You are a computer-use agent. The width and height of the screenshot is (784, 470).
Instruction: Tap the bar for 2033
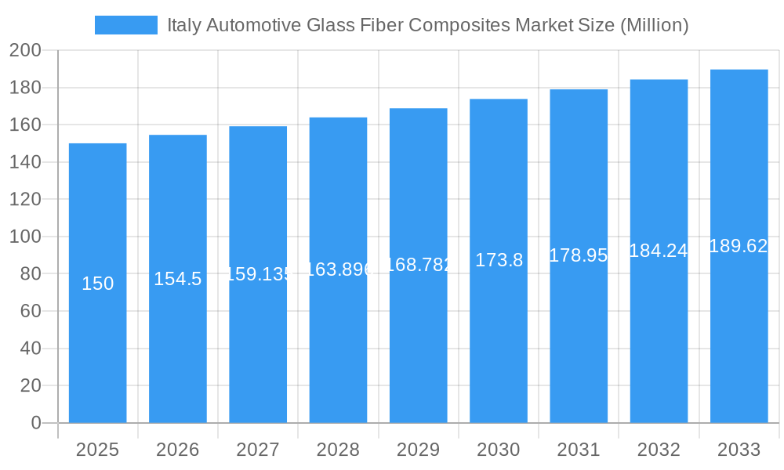click(739, 329)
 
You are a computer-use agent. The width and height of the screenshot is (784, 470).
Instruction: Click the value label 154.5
click(177, 279)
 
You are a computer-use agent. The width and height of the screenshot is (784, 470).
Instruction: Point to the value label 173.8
click(499, 261)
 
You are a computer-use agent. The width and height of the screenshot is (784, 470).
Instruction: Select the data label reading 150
click(97, 284)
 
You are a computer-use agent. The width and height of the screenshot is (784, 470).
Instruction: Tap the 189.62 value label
click(738, 246)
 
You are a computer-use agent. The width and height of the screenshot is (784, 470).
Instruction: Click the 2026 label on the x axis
click(177, 450)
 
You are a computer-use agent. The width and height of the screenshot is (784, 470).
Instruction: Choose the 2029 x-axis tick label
click(418, 450)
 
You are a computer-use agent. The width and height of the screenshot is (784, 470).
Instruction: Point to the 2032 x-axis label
click(659, 450)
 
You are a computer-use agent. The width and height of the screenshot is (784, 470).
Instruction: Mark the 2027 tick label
click(258, 450)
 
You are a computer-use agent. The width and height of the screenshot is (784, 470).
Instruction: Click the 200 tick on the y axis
click(25, 50)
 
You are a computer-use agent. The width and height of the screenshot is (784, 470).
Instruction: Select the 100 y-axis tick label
click(25, 237)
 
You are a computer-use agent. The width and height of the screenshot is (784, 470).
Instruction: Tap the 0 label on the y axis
click(36, 423)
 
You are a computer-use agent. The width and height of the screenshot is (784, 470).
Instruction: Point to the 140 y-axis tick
click(25, 162)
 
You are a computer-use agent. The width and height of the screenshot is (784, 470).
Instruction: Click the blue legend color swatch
click(125, 25)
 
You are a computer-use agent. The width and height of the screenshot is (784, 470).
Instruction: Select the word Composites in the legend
click(460, 25)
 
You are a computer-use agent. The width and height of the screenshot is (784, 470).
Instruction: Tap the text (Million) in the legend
click(654, 25)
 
